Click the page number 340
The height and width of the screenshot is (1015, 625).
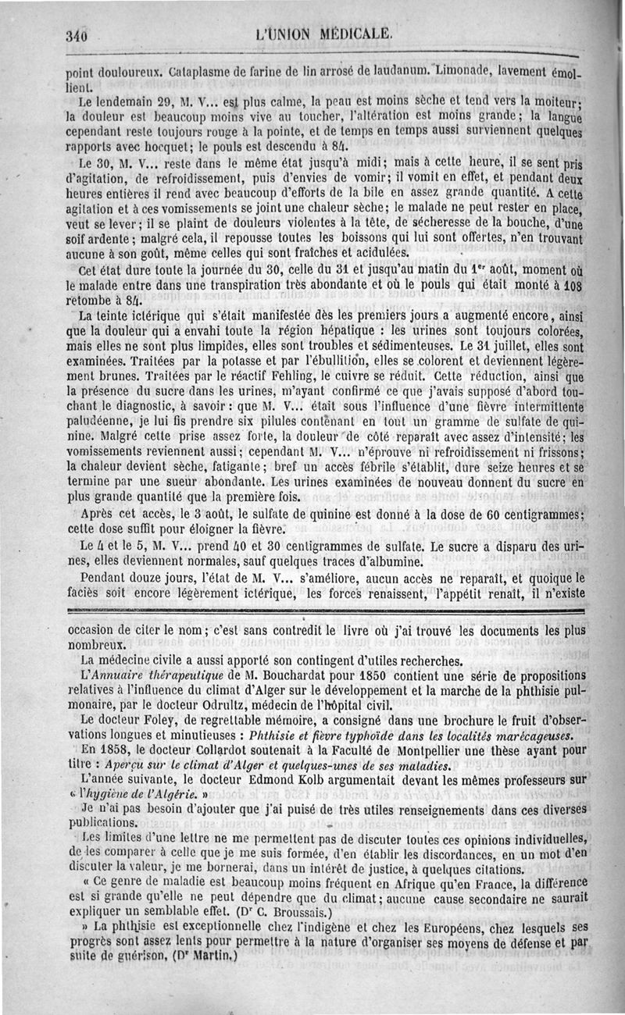(79, 35)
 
